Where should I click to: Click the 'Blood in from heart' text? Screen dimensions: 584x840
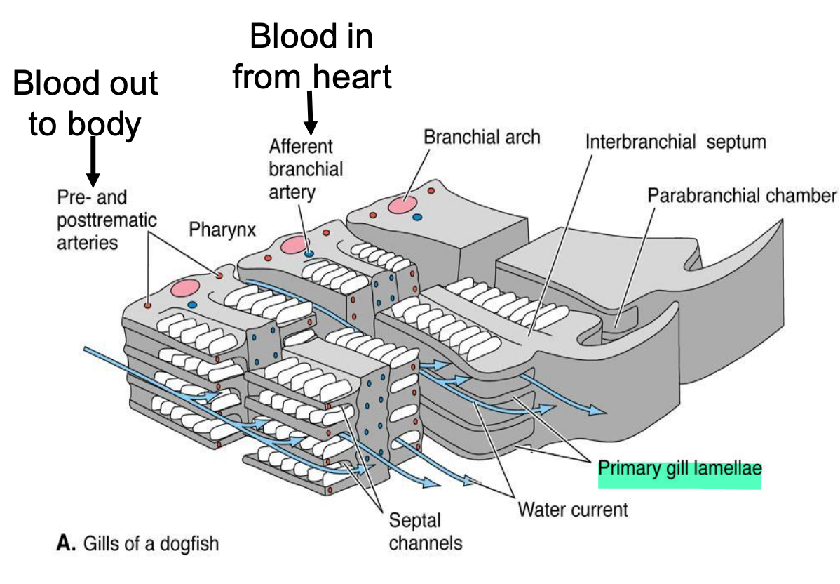click(311, 56)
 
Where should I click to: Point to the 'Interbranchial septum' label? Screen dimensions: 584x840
click(676, 142)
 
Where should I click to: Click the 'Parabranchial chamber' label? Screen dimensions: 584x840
click(742, 195)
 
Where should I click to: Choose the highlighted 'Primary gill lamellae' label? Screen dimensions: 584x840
click(679, 467)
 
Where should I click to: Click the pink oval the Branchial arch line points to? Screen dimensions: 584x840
click(401, 204)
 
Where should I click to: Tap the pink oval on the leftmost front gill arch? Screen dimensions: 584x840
click(185, 288)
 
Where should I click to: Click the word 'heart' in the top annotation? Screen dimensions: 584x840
click(352, 77)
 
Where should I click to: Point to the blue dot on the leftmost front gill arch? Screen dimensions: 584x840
click(192, 305)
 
